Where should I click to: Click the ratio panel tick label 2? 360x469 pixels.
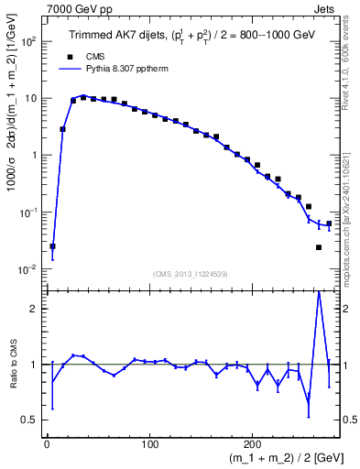coord(35,309)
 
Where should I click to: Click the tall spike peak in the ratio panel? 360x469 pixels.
coord(319,292)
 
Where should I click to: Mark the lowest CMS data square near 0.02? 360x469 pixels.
coord(319,247)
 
